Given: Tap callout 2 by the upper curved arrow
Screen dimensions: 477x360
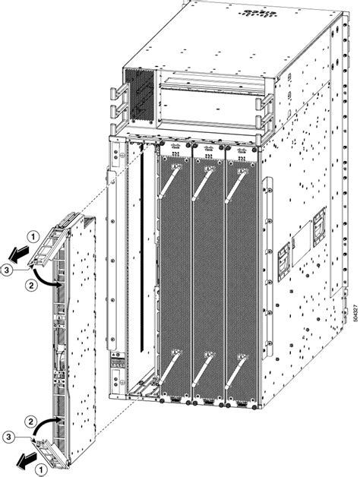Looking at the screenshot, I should click(x=30, y=286).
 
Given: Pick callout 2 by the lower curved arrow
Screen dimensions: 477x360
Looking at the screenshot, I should click(x=30, y=420).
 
